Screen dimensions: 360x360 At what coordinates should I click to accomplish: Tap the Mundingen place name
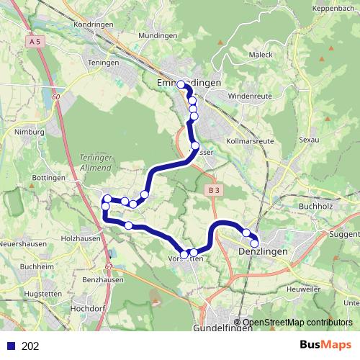[x=158, y=35]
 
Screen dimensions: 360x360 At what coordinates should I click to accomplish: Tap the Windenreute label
[x=247, y=96]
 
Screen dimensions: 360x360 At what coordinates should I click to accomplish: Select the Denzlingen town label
[x=263, y=251]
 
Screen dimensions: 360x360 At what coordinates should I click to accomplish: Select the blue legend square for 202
[x=10, y=346]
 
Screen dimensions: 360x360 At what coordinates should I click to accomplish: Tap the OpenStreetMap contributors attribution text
[x=297, y=323]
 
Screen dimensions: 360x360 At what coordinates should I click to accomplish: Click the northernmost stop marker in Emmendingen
[x=181, y=85]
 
